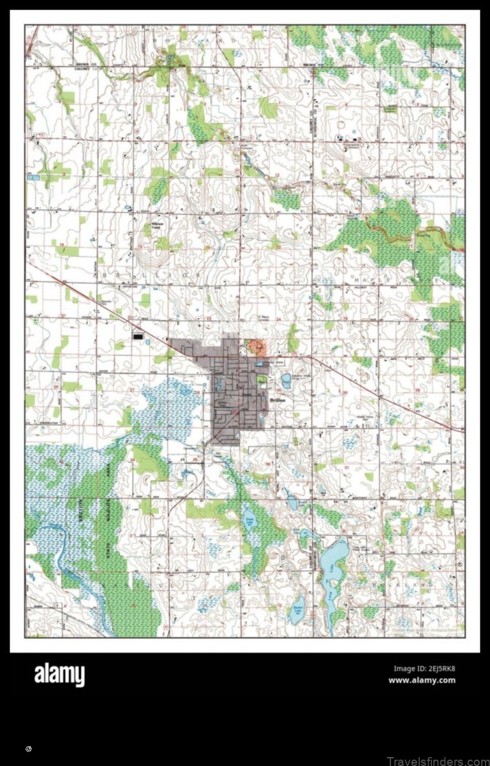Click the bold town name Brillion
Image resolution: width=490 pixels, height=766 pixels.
(278, 399)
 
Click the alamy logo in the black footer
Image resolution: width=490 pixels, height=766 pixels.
(59, 674)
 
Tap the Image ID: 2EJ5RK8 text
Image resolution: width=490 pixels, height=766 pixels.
(424, 669)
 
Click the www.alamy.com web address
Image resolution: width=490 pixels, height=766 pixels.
(422, 680)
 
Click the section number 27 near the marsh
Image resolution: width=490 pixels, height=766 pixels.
(133, 389)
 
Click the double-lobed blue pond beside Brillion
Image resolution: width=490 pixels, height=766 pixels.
(286, 381)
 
